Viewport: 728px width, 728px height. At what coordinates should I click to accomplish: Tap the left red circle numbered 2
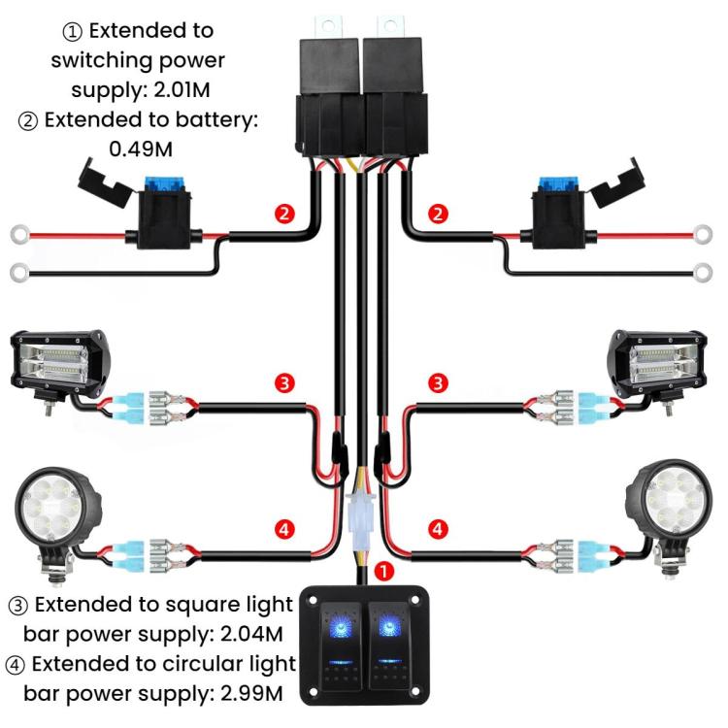[283, 213]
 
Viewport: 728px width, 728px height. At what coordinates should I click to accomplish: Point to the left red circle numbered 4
[283, 530]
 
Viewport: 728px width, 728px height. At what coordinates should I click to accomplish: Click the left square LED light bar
[55, 367]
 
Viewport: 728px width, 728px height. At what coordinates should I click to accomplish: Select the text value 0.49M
[143, 149]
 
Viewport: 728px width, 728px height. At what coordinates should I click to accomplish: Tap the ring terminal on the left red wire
[19, 234]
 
